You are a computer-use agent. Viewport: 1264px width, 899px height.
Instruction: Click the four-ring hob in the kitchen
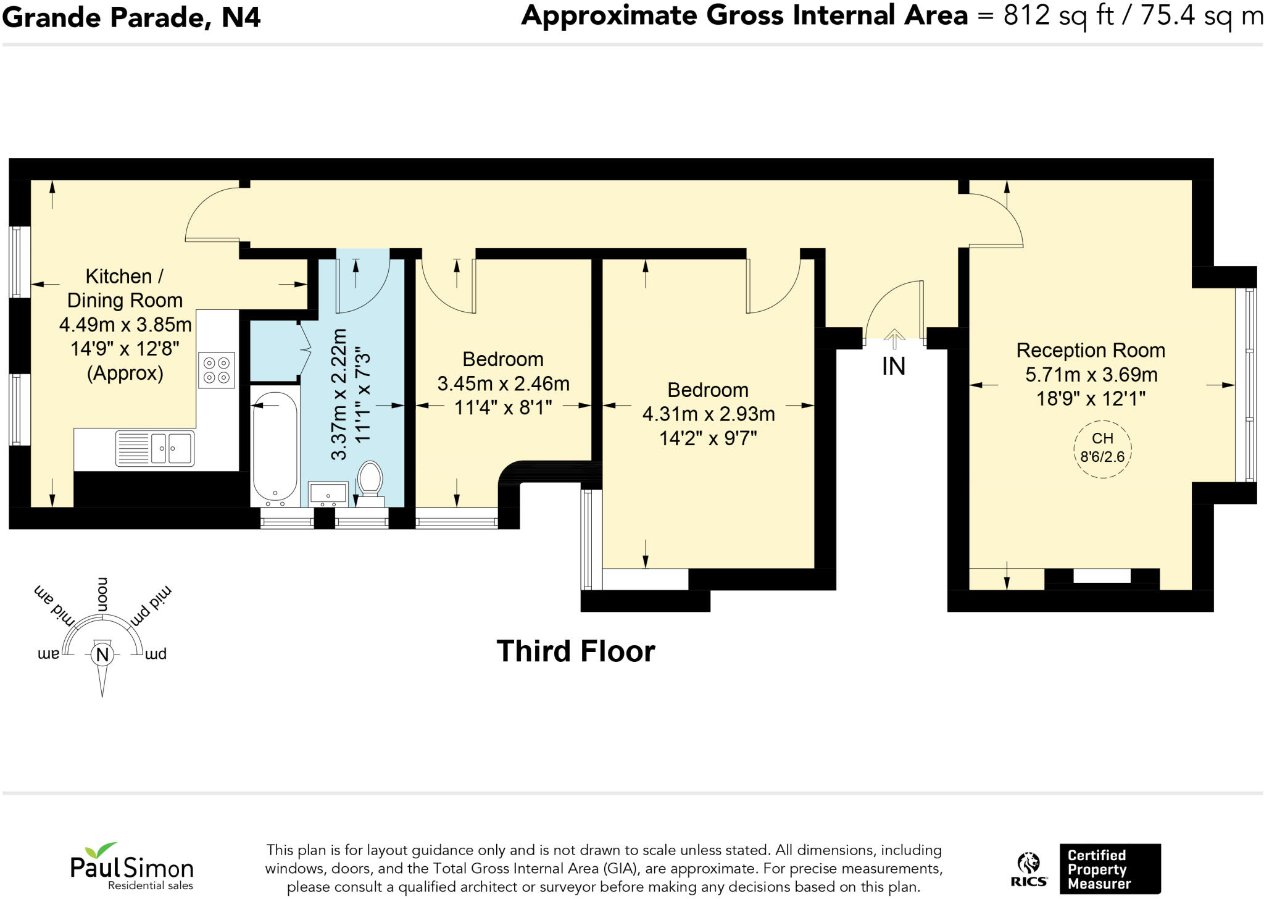click(217, 370)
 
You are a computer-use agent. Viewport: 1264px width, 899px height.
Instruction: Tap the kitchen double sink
click(155, 448)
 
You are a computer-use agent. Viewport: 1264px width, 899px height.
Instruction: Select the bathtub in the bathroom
click(275, 446)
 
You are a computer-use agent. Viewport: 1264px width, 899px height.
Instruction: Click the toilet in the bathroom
click(370, 479)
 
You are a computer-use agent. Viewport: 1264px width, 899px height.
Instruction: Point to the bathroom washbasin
click(328, 493)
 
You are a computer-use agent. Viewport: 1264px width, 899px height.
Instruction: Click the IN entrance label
click(893, 367)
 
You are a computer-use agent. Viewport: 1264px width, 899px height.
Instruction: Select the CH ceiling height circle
click(1102, 448)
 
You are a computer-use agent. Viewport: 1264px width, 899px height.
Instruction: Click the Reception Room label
click(1091, 350)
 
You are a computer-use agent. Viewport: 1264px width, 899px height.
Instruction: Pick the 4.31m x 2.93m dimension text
click(708, 414)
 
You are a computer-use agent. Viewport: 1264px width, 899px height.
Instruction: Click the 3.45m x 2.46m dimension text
click(503, 383)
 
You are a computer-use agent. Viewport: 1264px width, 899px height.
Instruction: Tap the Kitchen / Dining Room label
click(125, 288)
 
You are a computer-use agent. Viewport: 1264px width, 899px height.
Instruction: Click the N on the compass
click(102, 654)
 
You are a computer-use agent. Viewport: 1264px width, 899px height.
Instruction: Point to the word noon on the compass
click(102, 594)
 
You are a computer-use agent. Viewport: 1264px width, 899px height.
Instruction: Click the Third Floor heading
click(575, 651)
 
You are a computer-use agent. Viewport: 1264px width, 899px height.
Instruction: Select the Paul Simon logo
click(131, 867)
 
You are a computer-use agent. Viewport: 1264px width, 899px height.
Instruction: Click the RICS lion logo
click(1028, 869)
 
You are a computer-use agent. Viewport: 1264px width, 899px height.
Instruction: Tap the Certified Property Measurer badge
click(1109, 869)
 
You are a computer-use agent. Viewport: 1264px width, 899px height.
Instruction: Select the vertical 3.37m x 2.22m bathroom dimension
click(339, 395)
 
